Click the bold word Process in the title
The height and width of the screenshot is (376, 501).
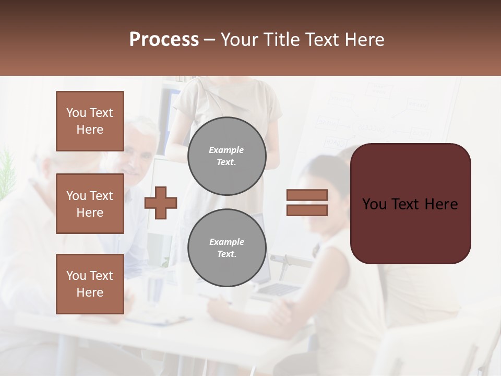tap(164, 40)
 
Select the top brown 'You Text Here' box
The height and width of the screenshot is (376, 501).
tap(90, 121)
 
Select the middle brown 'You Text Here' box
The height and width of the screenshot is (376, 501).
tap(90, 204)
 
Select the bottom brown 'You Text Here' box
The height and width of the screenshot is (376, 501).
tap(90, 284)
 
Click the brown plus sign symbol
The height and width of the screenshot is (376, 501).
tap(161, 203)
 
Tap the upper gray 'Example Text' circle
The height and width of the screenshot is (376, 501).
tap(226, 156)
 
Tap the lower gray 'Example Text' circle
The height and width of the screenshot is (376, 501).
tap(226, 248)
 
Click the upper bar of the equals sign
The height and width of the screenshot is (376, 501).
tap(307, 195)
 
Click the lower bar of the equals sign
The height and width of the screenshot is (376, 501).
tap(307, 210)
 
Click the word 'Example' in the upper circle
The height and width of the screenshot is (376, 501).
tap(226, 150)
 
